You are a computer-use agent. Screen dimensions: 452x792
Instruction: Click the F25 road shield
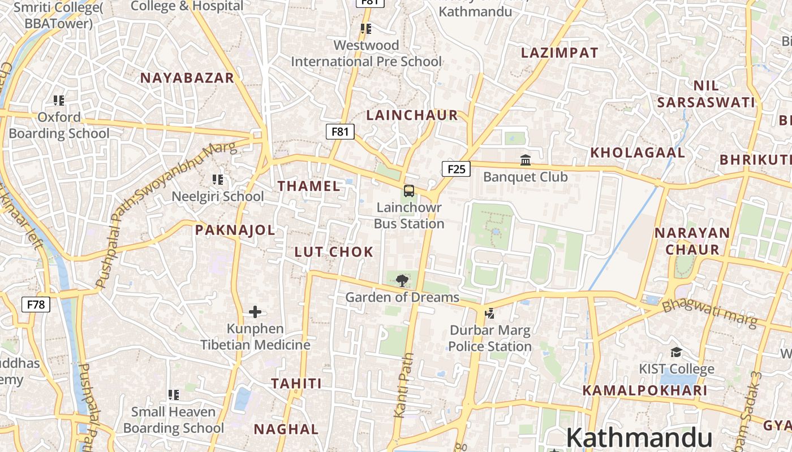pyautogui.click(x=456, y=168)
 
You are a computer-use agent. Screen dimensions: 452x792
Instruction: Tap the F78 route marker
pyautogui.click(x=36, y=305)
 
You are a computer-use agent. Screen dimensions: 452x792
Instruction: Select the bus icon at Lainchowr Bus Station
pyautogui.click(x=409, y=190)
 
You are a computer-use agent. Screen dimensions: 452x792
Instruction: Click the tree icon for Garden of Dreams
pyautogui.click(x=402, y=280)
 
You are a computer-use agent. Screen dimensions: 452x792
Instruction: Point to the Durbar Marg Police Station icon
pyautogui.click(x=490, y=313)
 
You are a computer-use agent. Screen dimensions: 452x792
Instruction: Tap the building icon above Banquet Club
pyautogui.click(x=526, y=160)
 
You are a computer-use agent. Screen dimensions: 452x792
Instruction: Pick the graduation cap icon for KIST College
pyautogui.click(x=676, y=353)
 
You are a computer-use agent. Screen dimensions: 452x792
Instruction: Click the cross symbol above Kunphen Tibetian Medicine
pyautogui.click(x=255, y=311)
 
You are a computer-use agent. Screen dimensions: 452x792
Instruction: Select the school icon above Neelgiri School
pyautogui.click(x=218, y=180)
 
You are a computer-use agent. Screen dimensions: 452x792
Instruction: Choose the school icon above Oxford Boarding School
pyautogui.click(x=59, y=101)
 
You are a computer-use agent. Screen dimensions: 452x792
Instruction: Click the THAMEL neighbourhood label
pyautogui.click(x=309, y=186)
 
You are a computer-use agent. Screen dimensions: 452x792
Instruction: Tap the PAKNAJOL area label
pyautogui.click(x=235, y=230)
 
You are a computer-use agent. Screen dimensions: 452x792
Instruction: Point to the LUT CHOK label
pyautogui.click(x=334, y=252)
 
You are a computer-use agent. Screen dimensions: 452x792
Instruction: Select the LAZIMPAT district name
pyautogui.click(x=559, y=53)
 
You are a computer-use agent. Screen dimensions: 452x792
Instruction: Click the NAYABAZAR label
pyautogui.click(x=187, y=78)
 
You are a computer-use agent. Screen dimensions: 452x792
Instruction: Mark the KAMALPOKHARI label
pyautogui.click(x=645, y=390)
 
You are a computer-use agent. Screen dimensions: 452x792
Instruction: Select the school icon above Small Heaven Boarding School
pyautogui.click(x=174, y=394)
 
